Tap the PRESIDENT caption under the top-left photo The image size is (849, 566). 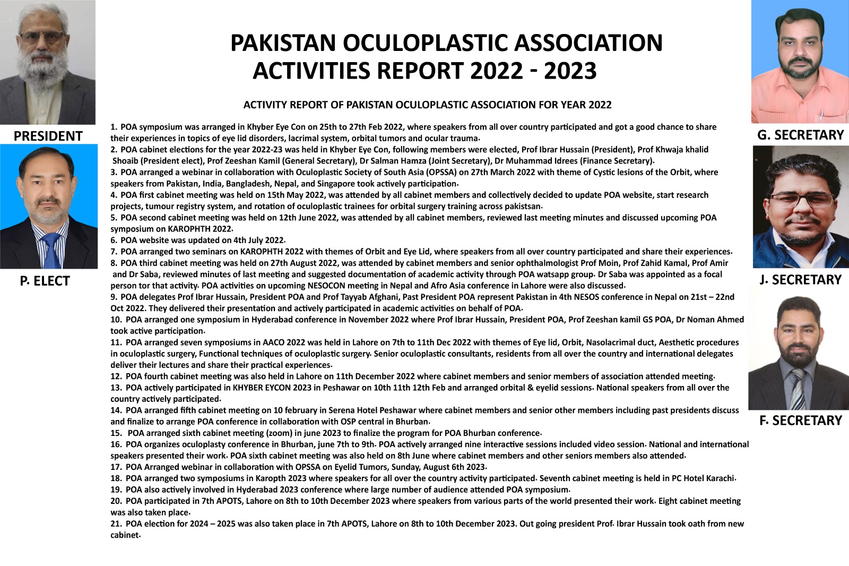[48, 136]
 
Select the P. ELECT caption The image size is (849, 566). [45, 281]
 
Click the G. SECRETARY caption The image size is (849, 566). [800, 135]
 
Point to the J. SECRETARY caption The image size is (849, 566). [800, 280]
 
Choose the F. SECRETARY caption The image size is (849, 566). [800, 421]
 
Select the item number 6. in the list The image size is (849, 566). [114, 241]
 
